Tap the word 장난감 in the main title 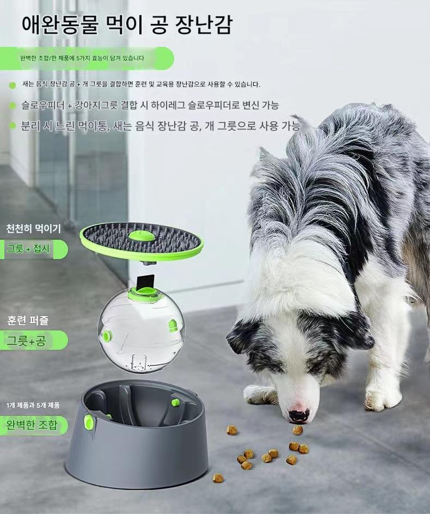204,24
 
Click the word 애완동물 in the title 60,24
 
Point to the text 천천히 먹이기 33,228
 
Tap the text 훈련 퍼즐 28,320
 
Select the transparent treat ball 141,331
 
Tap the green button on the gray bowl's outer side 89,422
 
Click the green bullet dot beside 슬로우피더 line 13,106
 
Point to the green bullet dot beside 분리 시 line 13,126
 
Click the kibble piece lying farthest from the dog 218,478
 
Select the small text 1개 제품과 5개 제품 33,406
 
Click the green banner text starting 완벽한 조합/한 82,58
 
